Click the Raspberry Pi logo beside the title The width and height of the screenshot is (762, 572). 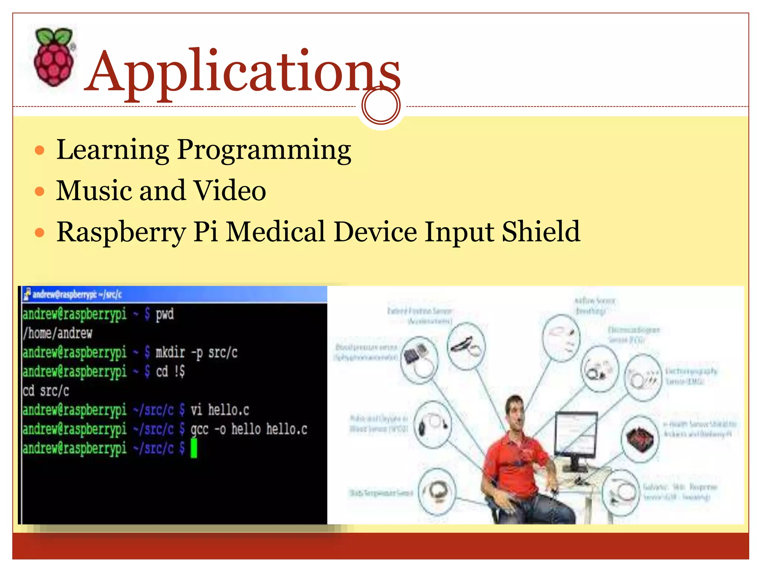click(x=54, y=58)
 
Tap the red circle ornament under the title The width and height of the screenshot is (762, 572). click(x=381, y=105)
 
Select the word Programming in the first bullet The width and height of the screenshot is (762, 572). click(x=264, y=150)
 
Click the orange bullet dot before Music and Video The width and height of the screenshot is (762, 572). click(x=39, y=191)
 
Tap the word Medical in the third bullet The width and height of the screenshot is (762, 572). click(x=276, y=232)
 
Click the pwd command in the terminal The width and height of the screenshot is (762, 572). click(x=164, y=314)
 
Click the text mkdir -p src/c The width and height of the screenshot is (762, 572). click(x=196, y=352)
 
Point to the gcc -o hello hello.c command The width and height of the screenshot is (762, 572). click(x=249, y=429)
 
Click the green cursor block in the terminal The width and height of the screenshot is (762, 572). click(x=194, y=448)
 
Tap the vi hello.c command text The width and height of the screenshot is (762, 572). click(x=220, y=410)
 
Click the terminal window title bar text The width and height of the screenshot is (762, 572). click(x=77, y=295)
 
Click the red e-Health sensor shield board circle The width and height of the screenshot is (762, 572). click(x=640, y=439)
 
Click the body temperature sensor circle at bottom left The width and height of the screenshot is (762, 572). click(x=437, y=492)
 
